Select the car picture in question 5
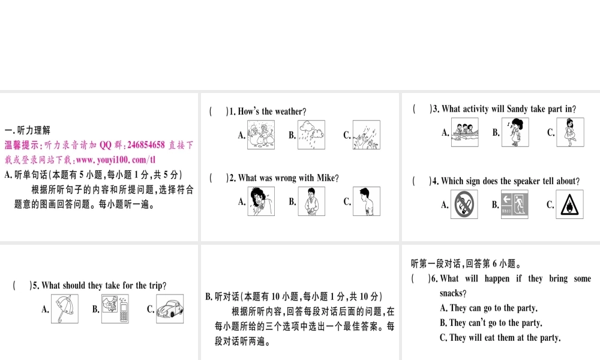pos(170,309)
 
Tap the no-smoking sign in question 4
pos(464,204)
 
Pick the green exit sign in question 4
pos(515,204)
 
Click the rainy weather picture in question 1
pos(311,135)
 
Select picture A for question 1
pos(261,135)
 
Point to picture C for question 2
pos(366,201)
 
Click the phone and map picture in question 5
pos(116,309)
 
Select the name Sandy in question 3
pos(518,109)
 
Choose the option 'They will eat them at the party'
pos(500,338)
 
